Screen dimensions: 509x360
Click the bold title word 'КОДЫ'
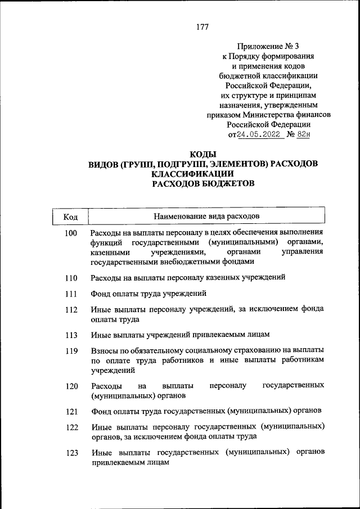203,154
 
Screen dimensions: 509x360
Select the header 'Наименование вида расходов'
206,216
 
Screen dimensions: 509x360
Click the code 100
70,233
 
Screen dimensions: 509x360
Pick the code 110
70,278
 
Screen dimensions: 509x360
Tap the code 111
70,294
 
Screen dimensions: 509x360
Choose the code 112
70,310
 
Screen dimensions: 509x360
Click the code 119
70,352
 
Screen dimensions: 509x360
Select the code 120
70,386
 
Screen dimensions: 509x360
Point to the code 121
70,412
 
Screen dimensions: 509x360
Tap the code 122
70,427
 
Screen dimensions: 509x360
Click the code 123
70,453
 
